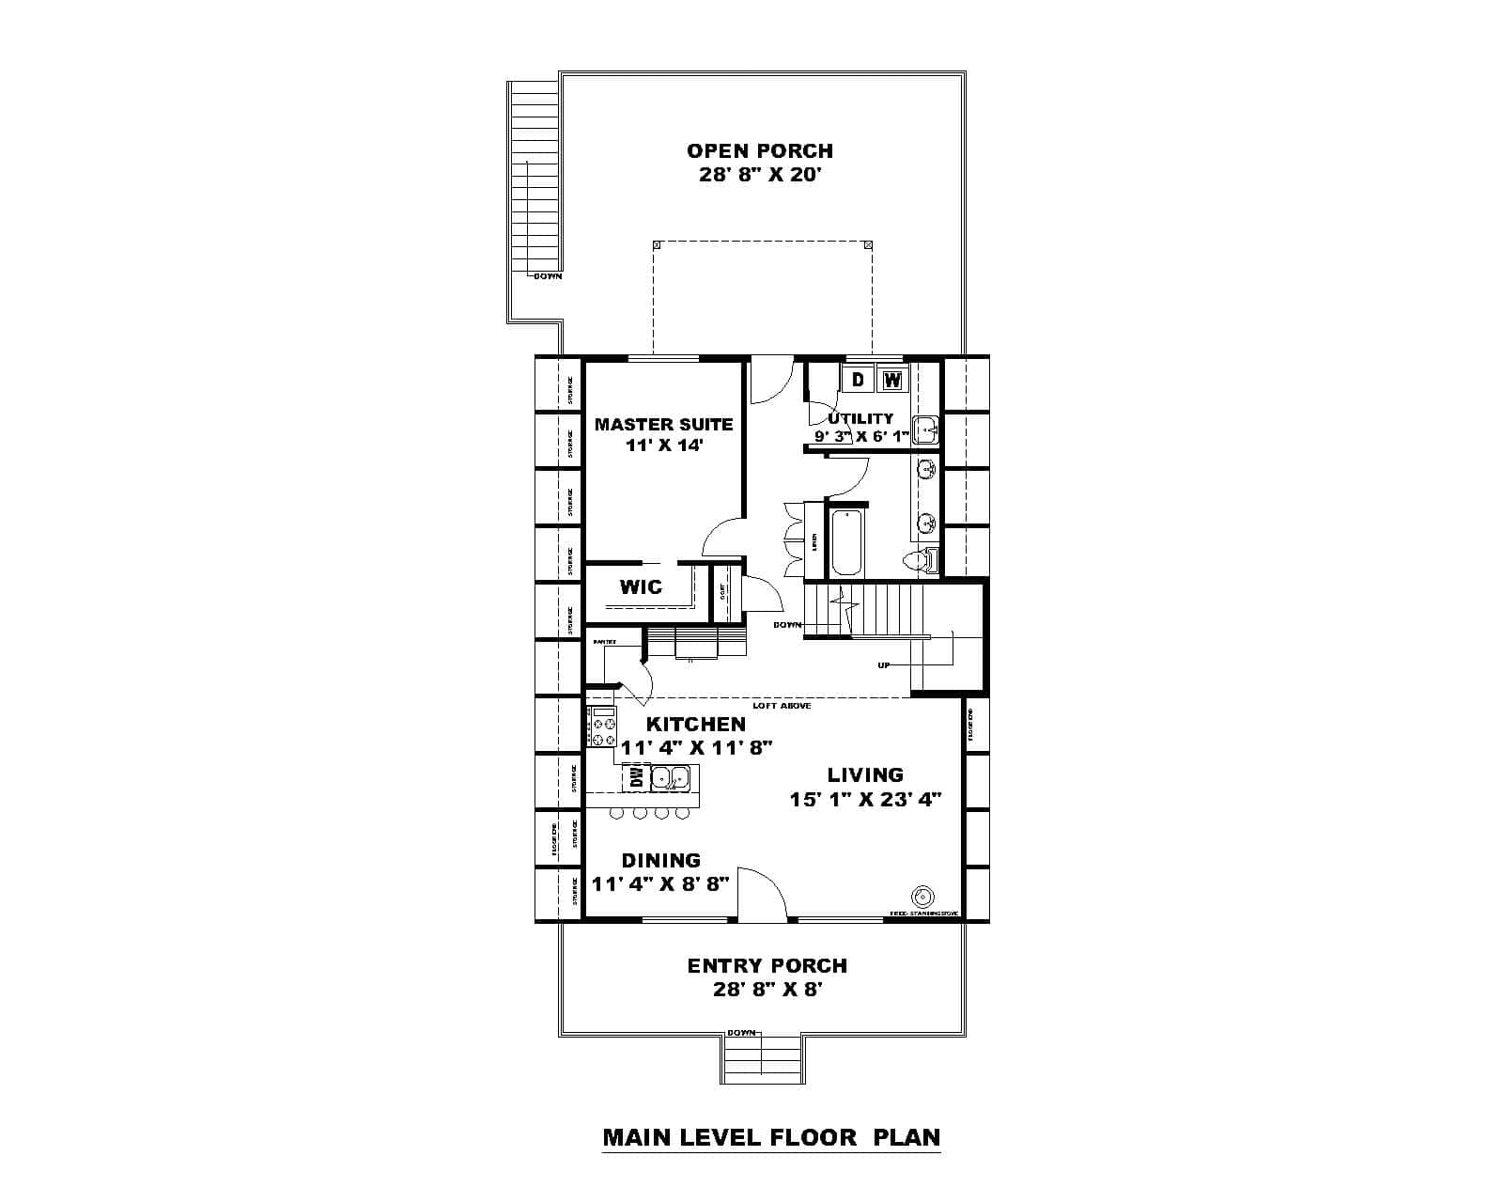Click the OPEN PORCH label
click(759, 150)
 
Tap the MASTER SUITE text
click(663, 424)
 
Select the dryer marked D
click(858, 380)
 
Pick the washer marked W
click(892, 380)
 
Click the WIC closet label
click(641, 587)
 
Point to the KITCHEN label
click(696, 724)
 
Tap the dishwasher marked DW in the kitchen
click(636, 777)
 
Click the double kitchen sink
click(671, 777)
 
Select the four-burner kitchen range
click(602, 726)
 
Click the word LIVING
click(865, 774)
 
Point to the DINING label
click(660, 860)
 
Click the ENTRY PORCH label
click(767, 965)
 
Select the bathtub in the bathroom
click(845, 542)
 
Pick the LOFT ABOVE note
click(782, 705)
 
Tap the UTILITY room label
click(860, 418)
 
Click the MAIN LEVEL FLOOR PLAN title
click(770, 1136)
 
